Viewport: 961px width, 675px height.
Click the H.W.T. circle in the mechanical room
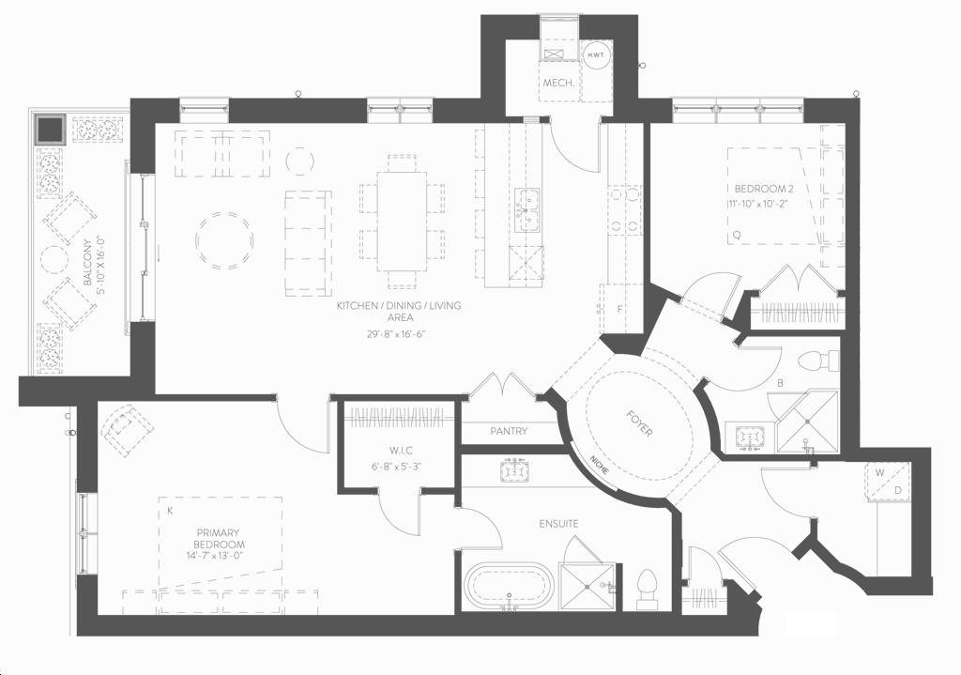pyautogui.click(x=594, y=55)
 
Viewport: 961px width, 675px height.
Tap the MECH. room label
pyautogui.click(x=558, y=83)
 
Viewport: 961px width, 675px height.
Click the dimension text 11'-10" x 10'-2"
pyautogui.click(x=757, y=204)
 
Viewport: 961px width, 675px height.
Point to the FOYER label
pyautogui.click(x=638, y=423)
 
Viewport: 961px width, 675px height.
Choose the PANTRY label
pyautogui.click(x=509, y=431)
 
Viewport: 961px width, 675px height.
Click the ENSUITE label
pyautogui.click(x=558, y=524)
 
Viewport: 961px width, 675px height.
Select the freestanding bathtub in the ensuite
pyautogui.click(x=509, y=586)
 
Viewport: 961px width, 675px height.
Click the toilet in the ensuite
pyautogui.click(x=647, y=590)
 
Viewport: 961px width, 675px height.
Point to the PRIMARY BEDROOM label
pyautogui.click(x=219, y=539)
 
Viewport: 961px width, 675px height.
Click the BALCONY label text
pyautogui.click(x=87, y=263)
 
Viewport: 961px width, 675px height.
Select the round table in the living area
pyautogui.click(x=224, y=240)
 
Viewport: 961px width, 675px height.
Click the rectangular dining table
pyautogui.click(x=402, y=222)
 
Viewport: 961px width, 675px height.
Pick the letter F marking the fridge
pyautogui.click(x=619, y=309)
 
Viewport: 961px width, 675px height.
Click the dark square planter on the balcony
pyautogui.click(x=50, y=129)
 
